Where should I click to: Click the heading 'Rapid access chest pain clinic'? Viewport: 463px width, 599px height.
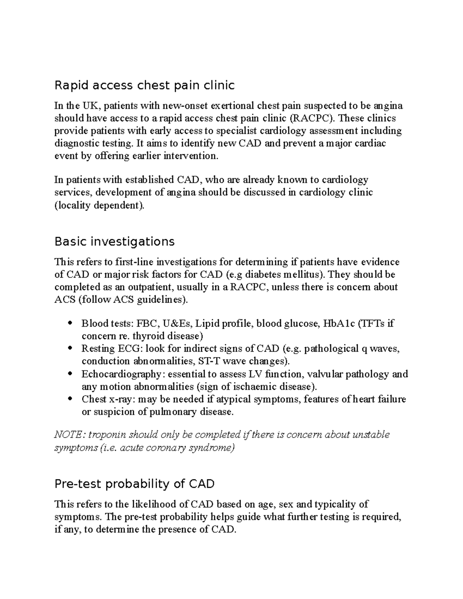click(144, 85)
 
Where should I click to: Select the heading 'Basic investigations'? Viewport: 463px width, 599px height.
click(115, 241)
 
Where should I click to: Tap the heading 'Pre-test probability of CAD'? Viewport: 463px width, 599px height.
click(135, 484)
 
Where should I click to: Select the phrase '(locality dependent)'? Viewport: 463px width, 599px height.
click(100, 205)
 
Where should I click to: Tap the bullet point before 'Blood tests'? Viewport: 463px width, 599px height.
click(70, 323)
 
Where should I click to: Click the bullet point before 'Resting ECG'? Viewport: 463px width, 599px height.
click(70, 348)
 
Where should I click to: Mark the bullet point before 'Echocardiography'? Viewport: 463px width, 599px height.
click(70, 374)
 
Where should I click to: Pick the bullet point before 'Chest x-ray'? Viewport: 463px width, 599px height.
click(70, 399)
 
